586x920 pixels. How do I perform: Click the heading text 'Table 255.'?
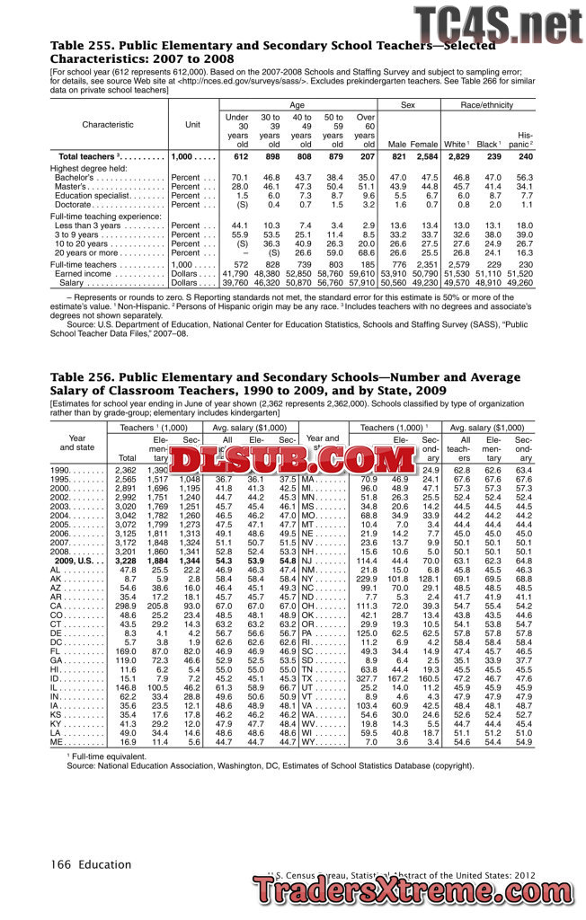(x=81, y=45)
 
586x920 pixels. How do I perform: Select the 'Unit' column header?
(x=192, y=125)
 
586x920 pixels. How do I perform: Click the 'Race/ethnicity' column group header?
(x=490, y=106)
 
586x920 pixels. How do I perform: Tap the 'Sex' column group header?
(x=408, y=106)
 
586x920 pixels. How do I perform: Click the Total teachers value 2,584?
(x=424, y=157)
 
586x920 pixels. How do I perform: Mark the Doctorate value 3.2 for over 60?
(x=366, y=205)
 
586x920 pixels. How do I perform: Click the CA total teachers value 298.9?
(x=122, y=606)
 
